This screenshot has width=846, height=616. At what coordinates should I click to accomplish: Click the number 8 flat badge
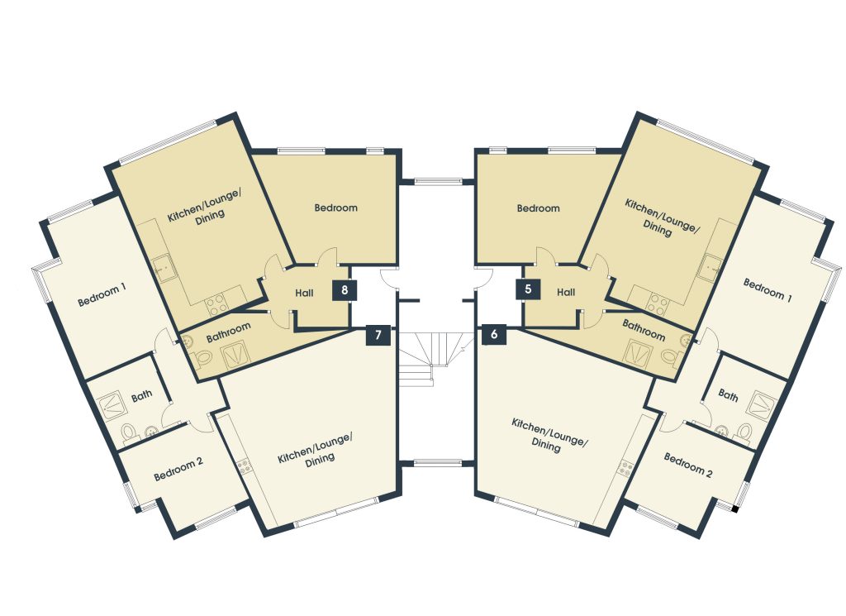(x=345, y=290)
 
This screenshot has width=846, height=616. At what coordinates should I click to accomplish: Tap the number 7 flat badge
(x=378, y=335)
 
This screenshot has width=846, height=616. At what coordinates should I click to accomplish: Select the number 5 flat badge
(x=528, y=289)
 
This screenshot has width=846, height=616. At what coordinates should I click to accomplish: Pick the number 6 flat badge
(x=494, y=335)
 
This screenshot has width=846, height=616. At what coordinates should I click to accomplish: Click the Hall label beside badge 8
(x=304, y=294)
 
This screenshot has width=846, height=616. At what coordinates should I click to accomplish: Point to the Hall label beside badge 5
(x=566, y=292)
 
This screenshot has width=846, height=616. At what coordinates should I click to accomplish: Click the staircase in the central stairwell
(x=435, y=356)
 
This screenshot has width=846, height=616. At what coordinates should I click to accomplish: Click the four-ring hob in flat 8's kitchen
(x=216, y=303)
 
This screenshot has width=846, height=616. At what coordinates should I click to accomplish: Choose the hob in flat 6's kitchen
(x=628, y=467)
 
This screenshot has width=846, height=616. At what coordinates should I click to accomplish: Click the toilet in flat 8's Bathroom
(x=203, y=357)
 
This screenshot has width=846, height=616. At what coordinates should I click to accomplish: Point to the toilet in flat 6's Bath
(x=744, y=432)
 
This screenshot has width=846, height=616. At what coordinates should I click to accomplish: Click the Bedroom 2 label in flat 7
(x=178, y=470)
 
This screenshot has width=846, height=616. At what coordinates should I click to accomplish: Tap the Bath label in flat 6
(x=728, y=396)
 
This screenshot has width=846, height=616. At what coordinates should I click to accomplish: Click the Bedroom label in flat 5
(x=538, y=208)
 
